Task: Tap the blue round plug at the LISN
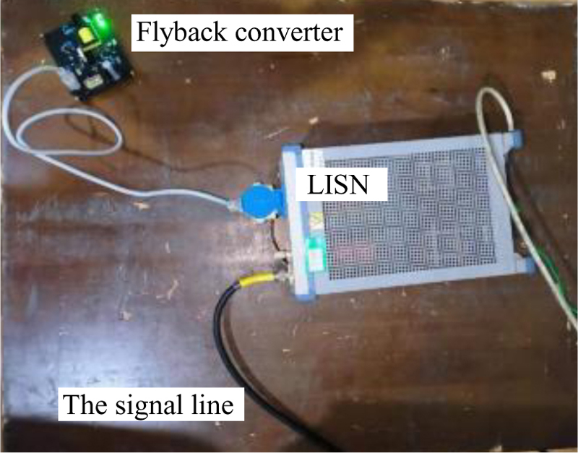(x=259, y=203)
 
